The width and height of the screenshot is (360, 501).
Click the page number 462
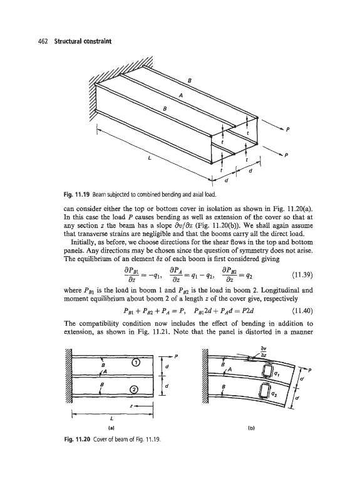click(43, 41)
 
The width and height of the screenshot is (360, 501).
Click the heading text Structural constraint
click(83, 41)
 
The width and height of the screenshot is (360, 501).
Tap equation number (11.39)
click(302, 275)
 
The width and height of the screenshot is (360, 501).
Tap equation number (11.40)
click(302, 311)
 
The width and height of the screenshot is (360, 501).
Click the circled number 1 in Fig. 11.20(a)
click(135, 363)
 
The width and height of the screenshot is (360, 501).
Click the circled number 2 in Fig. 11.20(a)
click(135, 389)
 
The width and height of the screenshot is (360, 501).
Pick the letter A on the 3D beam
click(181, 95)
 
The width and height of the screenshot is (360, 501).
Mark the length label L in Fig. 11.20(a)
click(111, 418)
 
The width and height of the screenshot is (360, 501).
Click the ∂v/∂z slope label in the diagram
click(264, 352)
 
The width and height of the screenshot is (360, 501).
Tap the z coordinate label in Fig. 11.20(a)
click(131, 406)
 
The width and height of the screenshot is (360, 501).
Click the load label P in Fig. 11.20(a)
click(176, 356)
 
